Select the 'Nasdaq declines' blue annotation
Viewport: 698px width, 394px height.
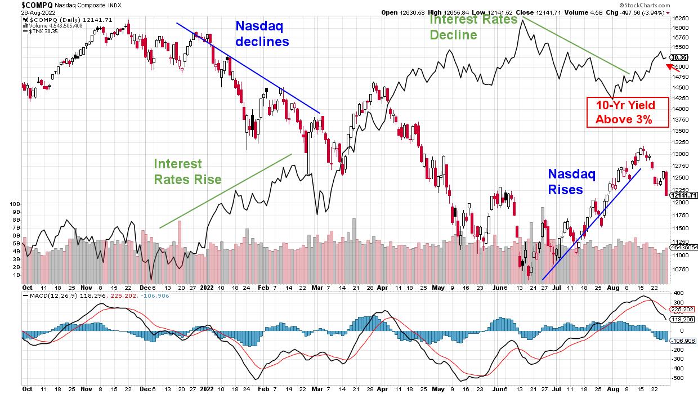262,34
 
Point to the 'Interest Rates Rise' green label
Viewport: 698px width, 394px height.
187,172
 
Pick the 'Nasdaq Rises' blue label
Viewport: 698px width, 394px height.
571,181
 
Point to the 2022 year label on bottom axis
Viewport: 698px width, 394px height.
207,286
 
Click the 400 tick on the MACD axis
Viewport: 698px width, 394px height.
678,294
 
